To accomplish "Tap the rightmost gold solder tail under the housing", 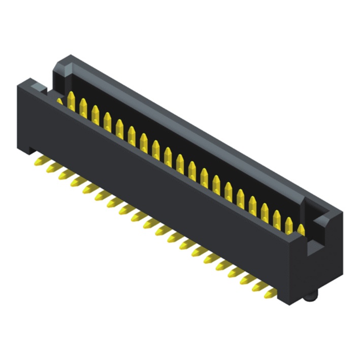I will pos(270,293).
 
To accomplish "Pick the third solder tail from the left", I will pos(63,174).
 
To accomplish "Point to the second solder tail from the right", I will pos(258,286).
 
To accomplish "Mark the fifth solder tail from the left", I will pos(87,188).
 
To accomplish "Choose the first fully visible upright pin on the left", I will pos(71,102).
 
